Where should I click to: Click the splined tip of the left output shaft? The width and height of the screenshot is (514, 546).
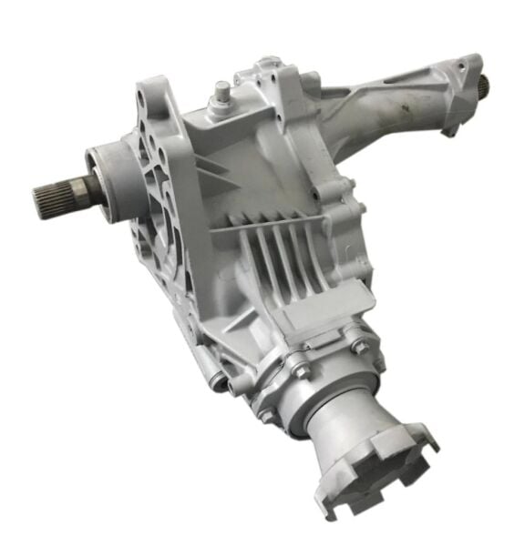click(x=49, y=193)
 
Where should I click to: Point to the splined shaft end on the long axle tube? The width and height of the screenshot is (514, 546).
click(x=479, y=86)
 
